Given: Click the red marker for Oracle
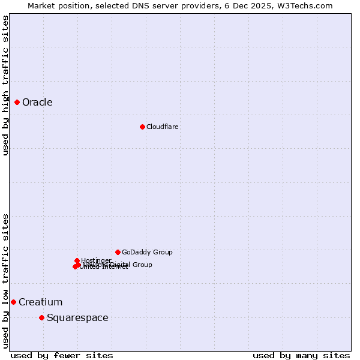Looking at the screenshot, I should (x=17, y=103).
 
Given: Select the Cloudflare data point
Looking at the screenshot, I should (x=142, y=127).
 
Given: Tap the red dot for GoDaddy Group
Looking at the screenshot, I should (x=118, y=252).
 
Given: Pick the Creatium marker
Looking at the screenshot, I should (x=13, y=302).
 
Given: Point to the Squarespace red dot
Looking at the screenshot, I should (x=41, y=317).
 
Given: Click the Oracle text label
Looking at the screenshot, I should (x=37, y=103).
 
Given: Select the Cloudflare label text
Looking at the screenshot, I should (x=162, y=127).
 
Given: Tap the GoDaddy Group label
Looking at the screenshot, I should (x=146, y=252).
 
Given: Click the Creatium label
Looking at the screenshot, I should (x=40, y=302).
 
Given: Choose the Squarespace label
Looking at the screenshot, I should (x=77, y=317).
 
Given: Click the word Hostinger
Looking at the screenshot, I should (x=96, y=260).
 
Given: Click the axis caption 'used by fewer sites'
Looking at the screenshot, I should (x=62, y=355).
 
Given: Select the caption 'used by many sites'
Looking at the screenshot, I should (x=301, y=355).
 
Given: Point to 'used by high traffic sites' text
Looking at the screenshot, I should (x=5, y=85).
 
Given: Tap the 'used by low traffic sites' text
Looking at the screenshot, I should (x=5, y=281).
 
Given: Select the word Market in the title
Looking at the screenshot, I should (x=41, y=5).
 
